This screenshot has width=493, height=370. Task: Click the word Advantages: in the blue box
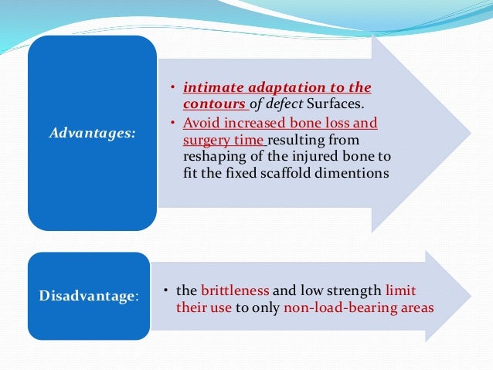92,133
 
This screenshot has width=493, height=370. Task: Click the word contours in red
214,104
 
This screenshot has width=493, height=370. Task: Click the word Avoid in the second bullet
199,123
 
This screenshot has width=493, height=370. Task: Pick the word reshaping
213,158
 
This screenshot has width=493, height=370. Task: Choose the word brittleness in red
235,290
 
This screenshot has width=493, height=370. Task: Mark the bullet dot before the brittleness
167,290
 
